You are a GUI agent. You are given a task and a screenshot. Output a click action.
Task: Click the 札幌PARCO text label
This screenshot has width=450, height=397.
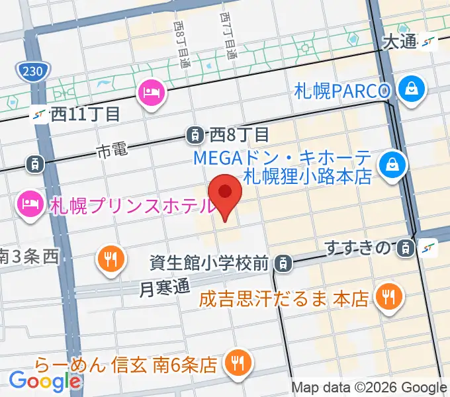(x=343, y=89)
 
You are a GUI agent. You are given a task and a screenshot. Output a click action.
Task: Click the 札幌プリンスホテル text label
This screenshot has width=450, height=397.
(x=132, y=206)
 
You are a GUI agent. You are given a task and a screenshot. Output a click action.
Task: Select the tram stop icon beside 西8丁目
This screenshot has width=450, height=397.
(x=194, y=135)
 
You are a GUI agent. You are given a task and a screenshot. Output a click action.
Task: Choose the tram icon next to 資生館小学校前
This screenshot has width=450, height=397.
(x=283, y=263)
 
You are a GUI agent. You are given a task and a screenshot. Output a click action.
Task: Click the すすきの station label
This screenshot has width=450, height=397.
(x=357, y=248)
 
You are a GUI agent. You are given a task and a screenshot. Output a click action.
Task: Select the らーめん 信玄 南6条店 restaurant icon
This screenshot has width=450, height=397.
(x=236, y=361)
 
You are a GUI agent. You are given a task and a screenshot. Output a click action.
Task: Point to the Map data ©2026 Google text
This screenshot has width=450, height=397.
(x=369, y=387)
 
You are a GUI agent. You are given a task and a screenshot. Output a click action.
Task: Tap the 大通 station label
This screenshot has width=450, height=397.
(x=400, y=42)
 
